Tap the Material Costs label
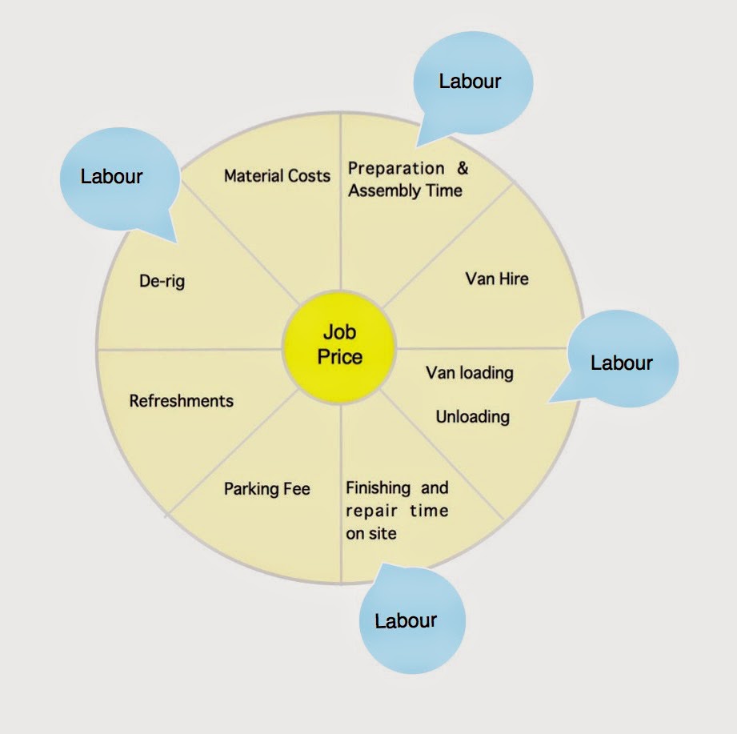[277, 175]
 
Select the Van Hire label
[497, 279]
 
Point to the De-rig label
[162, 282]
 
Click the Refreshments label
[182, 400]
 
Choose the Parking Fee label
[266, 488]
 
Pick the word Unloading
[472, 417]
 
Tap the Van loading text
[470, 373]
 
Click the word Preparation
[396, 169]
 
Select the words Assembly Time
[406, 191]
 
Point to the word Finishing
[379, 488]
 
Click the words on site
[371, 533]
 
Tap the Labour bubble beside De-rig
[111, 176]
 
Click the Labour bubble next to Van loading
[622, 363]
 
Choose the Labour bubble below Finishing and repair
[407, 620]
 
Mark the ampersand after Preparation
[462, 169]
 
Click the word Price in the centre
[340, 356]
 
